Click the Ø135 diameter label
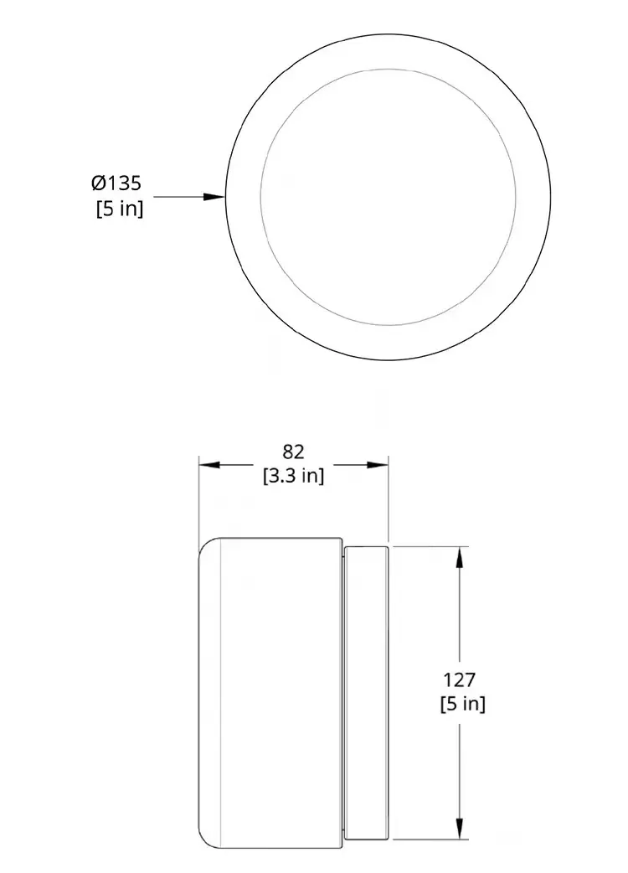tap(116, 183)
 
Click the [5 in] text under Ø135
tap(120, 209)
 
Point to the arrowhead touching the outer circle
tap(214, 197)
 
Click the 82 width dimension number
tap(294, 452)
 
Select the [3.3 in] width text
tap(293, 476)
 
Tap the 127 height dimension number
tap(460, 679)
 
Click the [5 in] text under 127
tap(463, 705)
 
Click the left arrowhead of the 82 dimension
tap(210, 465)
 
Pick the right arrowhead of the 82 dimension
tap(377, 465)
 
